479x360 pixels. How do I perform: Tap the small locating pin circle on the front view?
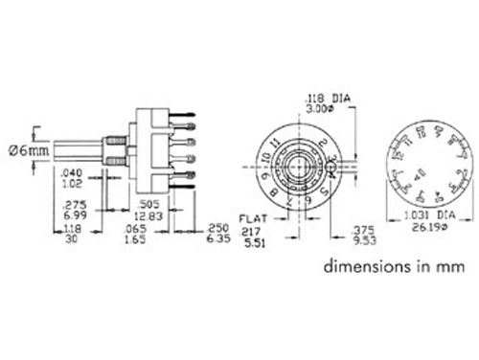(332, 171)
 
